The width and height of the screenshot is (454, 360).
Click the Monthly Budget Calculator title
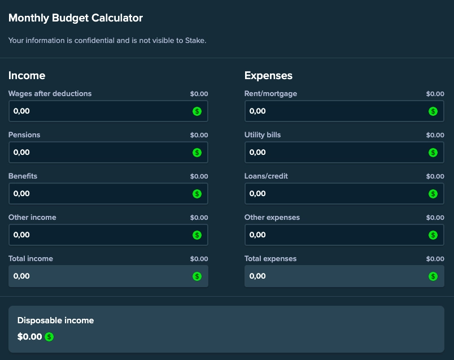tap(76, 18)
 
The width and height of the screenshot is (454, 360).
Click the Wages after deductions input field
tap(102, 111)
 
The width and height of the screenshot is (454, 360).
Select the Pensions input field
tap(102, 153)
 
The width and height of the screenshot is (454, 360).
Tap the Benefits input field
tap(102, 194)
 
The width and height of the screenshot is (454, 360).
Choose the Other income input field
tap(102, 235)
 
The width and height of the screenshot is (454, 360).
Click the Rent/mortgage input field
tap(338, 111)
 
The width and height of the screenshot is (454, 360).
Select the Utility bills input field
tap(338, 153)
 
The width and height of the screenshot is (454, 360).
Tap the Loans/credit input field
tap(338, 194)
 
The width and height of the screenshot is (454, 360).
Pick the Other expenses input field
tap(338, 235)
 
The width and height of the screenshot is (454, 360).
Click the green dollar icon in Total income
tap(197, 276)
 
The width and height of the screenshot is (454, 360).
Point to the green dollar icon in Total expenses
tap(433, 276)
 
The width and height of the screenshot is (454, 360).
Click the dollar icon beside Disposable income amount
tap(49, 337)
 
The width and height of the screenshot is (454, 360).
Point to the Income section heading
tap(27, 76)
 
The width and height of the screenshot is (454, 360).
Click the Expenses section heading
tap(268, 76)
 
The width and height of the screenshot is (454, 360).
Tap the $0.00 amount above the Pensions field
tap(199, 135)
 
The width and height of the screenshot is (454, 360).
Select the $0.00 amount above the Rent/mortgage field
tap(435, 94)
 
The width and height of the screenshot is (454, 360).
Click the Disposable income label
tap(55, 320)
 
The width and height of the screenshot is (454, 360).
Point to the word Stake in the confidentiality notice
tap(195, 41)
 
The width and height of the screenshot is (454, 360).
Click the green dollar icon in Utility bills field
tap(433, 153)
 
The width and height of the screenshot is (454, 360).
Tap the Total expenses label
tap(270, 259)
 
